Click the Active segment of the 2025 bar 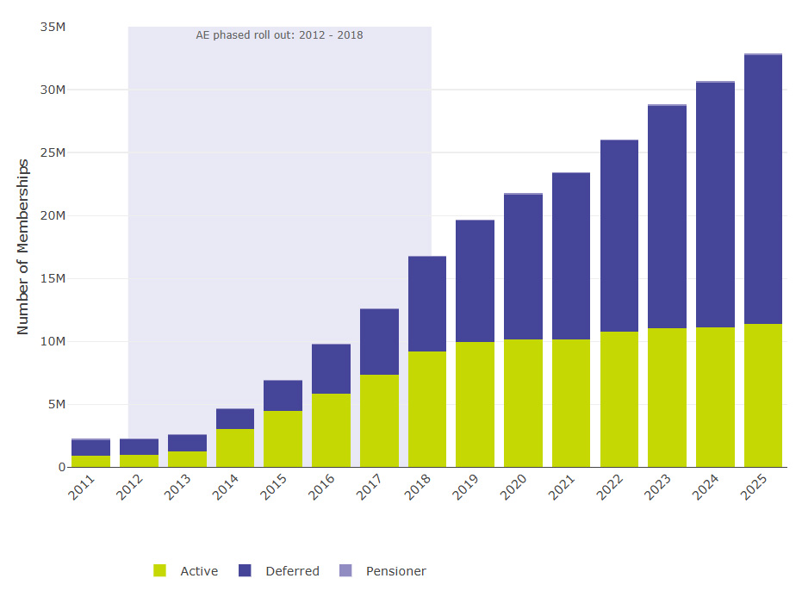[763, 395]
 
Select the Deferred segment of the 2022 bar [619, 236]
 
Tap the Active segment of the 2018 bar [427, 409]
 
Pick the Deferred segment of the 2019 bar [476, 281]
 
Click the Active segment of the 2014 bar [235, 448]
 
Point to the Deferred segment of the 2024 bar [715, 205]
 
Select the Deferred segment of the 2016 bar [331, 369]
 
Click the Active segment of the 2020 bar [523, 403]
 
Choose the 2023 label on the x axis [661, 488]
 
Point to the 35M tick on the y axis [53, 27]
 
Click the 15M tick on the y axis [53, 278]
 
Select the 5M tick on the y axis [57, 404]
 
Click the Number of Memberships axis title [23, 246]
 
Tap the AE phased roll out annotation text [280, 35]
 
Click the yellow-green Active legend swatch [159, 570]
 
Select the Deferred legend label [292, 571]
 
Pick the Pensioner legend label [395, 571]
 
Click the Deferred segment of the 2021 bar [571, 256]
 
